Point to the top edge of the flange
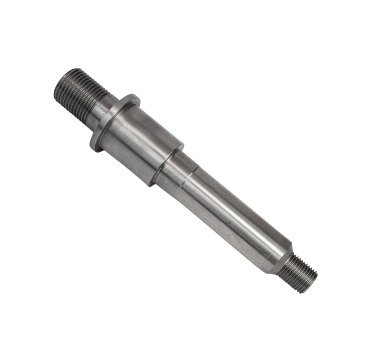(134, 97)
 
